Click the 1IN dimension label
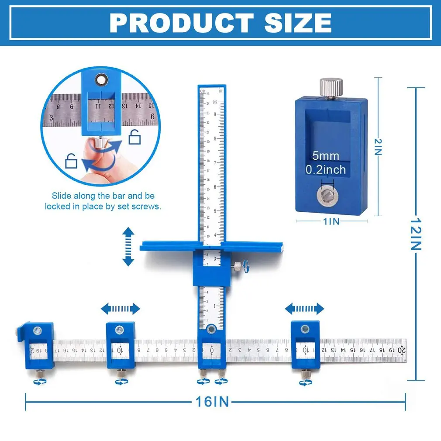(331, 221)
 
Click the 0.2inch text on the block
(325, 169)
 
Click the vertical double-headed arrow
(128, 246)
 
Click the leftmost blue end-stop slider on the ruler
(36, 345)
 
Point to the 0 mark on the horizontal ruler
(212, 350)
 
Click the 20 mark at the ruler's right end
(401, 349)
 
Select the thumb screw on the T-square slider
(236, 265)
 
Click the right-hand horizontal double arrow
(304, 309)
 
